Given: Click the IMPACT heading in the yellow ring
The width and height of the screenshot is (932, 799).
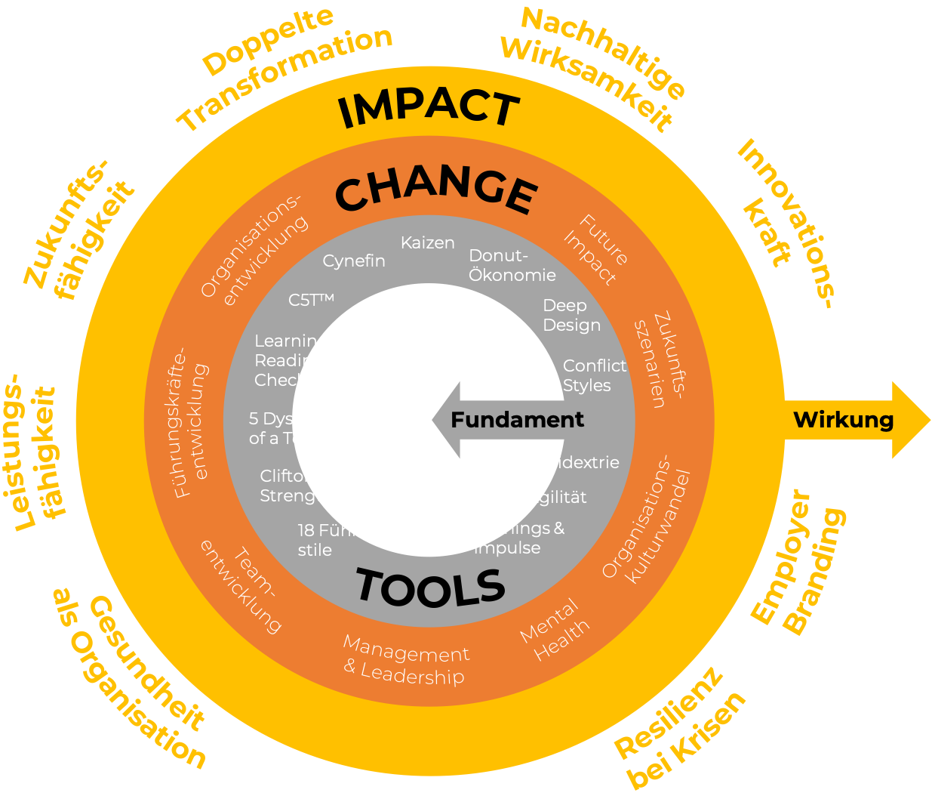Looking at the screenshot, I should [x=429, y=109].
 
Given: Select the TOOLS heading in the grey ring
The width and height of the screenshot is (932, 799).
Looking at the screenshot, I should [x=431, y=588].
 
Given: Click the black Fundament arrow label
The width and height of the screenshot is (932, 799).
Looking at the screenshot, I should [x=517, y=420].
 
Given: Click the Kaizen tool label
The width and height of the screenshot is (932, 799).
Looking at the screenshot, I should [x=428, y=243].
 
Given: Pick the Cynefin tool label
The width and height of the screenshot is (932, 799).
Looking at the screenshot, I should [x=354, y=261].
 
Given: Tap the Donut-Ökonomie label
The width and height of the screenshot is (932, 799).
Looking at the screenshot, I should [x=512, y=266].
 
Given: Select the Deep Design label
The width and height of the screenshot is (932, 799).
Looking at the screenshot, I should [x=571, y=316].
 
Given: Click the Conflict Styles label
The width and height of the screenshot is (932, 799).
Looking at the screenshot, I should [x=594, y=375].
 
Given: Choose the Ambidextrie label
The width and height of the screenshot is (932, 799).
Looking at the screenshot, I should [x=568, y=462].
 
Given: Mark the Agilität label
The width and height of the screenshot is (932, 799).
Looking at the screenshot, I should [x=556, y=497].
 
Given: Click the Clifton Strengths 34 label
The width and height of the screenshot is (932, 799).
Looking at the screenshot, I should [x=312, y=486].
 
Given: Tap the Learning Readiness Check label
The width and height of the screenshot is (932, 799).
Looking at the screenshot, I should [x=296, y=361].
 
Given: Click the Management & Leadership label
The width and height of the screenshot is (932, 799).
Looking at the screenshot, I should [x=405, y=661].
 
